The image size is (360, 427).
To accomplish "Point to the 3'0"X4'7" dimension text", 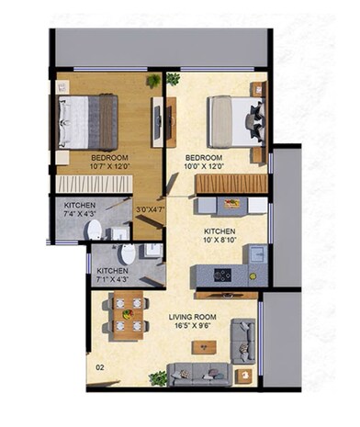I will coord(149,208).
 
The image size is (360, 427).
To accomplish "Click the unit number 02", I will coord(98,369).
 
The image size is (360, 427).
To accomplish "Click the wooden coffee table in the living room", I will coord(205,347).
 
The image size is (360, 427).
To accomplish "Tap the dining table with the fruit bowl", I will coord(126,312).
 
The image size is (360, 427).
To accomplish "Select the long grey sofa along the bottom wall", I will coord(198,374).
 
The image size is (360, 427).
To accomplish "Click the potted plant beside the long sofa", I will coord(158,376).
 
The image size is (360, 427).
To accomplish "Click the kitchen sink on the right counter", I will coord(258,253).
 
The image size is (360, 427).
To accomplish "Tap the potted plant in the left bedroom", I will coord(152,81).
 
